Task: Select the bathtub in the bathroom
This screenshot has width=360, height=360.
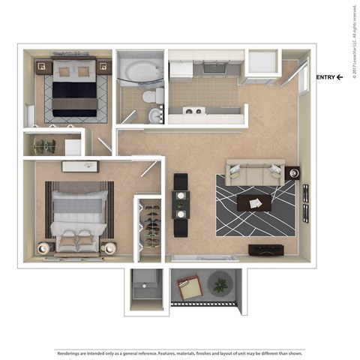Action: pyautogui.click(x=140, y=74)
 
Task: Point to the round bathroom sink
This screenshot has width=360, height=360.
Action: pyautogui.click(x=154, y=115)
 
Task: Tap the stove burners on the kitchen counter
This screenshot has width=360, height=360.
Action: pyautogui.click(x=194, y=112)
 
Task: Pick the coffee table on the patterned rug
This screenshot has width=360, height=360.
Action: pyautogui.click(x=255, y=202)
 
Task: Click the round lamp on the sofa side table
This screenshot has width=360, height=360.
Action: pyautogui.click(x=292, y=173)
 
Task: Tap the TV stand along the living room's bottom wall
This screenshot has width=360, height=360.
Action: pyautogui.click(x=267, y=250)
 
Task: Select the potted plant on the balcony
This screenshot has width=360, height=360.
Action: pyautogui.click(x=220, y=285)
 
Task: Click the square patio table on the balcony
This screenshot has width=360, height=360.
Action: pyautogui.click(x=188, y=287)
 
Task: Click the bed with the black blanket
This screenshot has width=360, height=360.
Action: pyautogui.click(x=73, y=90)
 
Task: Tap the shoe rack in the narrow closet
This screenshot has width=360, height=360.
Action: pyautogui.click(x=151, y=225)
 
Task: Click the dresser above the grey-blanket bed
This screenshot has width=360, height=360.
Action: pyautogui.click(x=79, y=166)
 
